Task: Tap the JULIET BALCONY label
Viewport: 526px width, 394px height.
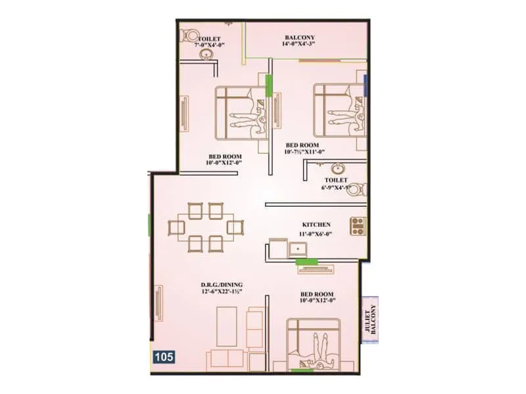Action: tap(372, 321)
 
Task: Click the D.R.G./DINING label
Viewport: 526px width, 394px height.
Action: tap(223, 285)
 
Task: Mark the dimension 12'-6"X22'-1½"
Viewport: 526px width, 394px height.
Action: tap(223, 292)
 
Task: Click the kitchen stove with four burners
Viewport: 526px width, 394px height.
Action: tap(358, 226)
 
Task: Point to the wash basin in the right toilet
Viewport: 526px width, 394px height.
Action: tap(337, 167)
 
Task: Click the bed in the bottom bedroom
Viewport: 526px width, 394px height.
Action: tap(314, 341)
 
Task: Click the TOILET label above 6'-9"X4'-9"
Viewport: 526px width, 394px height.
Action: tap(335, 179)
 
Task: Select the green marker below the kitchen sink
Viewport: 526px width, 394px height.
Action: tap(306, 262)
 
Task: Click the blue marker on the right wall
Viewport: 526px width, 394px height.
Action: tap(366, 83)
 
